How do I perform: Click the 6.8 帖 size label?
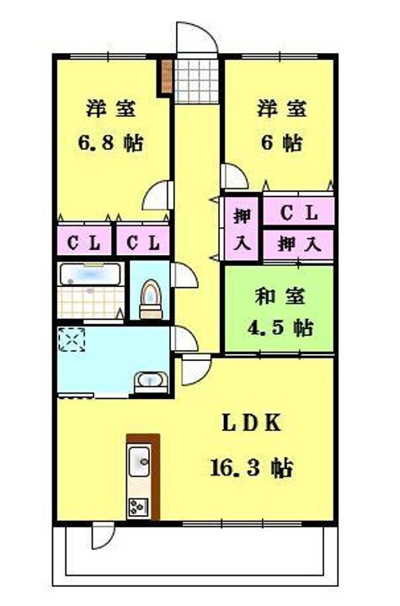coord(110,143)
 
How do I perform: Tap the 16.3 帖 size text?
coord(251,468)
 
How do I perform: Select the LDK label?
coord(252,423)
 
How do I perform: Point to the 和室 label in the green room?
coord(280,296)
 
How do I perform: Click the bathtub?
coord(90,274)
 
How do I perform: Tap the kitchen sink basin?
coord(139,461)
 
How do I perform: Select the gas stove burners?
coord(138,507)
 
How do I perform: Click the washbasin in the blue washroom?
coord(151,380)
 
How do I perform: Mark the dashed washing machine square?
coord(72,340)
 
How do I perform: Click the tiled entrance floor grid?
coord(196,81)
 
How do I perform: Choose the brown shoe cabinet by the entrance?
coord(167,77)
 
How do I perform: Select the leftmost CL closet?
coord(84,242)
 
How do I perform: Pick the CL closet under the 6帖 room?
coord(299,211)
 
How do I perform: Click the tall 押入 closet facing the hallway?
coord(242,228)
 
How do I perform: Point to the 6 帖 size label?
coord(281,143)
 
